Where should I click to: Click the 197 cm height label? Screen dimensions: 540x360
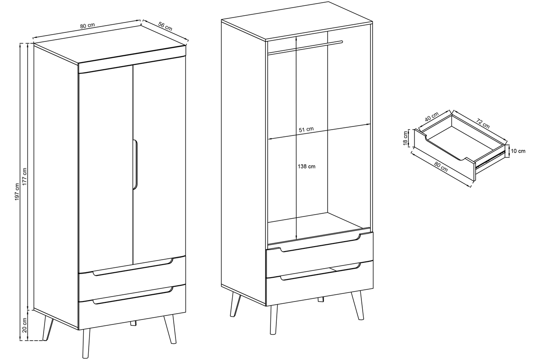tap(17, 192)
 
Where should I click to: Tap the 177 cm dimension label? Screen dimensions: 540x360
tap(25, 177)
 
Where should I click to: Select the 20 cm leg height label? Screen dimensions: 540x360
tap(25, 325)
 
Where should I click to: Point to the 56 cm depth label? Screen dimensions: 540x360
tap(165, 27)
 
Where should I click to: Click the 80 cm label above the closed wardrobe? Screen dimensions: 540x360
tap(87, 26)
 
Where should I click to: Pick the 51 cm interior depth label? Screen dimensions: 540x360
tap(306, 130)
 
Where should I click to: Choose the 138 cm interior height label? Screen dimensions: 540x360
tap(306, 166)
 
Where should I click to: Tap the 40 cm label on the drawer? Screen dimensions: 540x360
tap(432, 117)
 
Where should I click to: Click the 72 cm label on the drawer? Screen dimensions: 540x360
tap(483, 123)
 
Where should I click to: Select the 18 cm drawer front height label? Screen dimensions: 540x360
tap(405, 138)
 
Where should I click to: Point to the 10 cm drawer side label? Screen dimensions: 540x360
tap(518, 151)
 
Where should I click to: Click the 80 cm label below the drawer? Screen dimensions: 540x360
tap(441, 167)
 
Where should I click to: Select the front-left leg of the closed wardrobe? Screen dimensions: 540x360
tap(86, 344)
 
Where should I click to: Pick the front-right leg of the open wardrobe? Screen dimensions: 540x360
tap(357, 305)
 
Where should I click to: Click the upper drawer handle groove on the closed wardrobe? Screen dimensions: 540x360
tap(133, 267)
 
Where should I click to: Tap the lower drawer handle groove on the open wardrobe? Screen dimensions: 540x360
tap(321, 272)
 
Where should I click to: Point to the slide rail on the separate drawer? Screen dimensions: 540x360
tap(490, 159)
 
